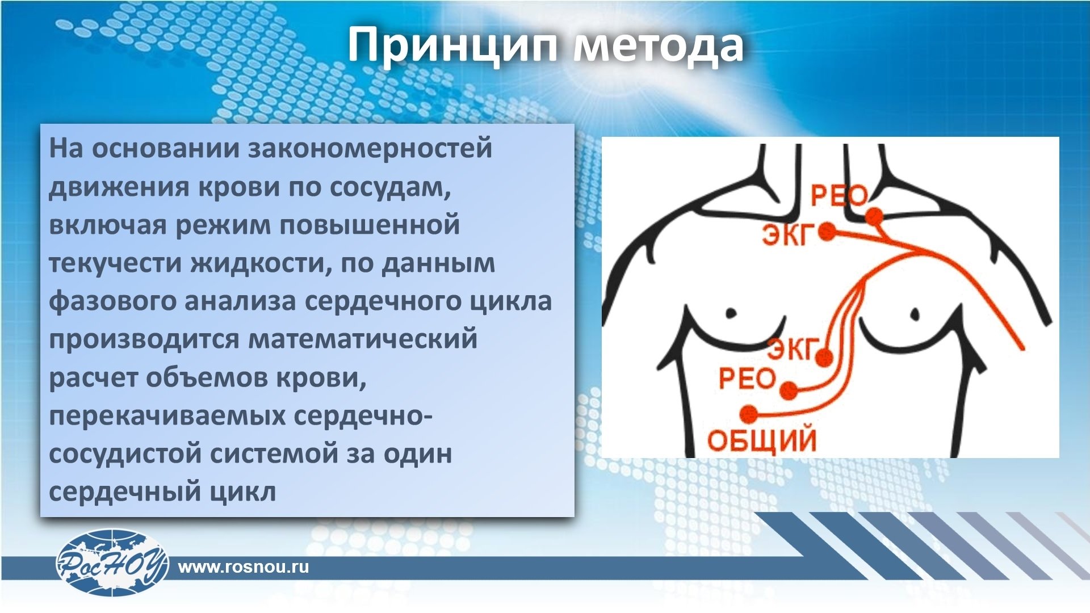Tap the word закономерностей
click(x=370, y=149)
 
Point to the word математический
click(x=363, y=339)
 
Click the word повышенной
click(x=369, y=225)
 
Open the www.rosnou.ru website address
click(x=244, y=566)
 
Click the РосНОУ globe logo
click(x=112, y=562)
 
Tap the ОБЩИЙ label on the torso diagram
click(x=762, y=440)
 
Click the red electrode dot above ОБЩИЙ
click(x=749, y=413)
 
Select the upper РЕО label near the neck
click(x=839, y=196)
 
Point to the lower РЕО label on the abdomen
click(x=747, y=379)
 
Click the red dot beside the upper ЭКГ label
click(x=827, y=232)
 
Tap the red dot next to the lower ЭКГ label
click(x=824, y=358)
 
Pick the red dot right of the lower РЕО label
click(x=789, y=391)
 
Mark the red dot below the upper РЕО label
click(x=874, y=216)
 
